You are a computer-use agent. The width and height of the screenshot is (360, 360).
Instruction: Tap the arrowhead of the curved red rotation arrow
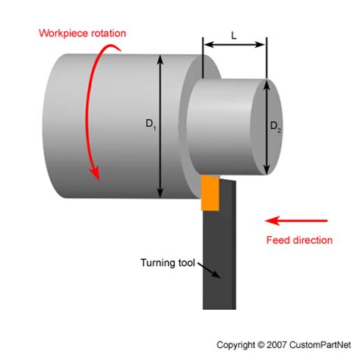[x=96, y=174]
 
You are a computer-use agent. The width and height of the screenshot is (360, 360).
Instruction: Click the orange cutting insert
[x=210, y=194]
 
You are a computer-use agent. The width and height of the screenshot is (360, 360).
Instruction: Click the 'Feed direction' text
[x=299, y=240]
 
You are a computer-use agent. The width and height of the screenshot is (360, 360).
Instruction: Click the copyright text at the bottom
[x=286, y=344]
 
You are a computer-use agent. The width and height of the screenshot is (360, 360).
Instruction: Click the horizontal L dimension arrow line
[x=235, y=46]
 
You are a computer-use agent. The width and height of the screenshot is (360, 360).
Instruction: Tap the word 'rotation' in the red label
[x=106, y=33]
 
